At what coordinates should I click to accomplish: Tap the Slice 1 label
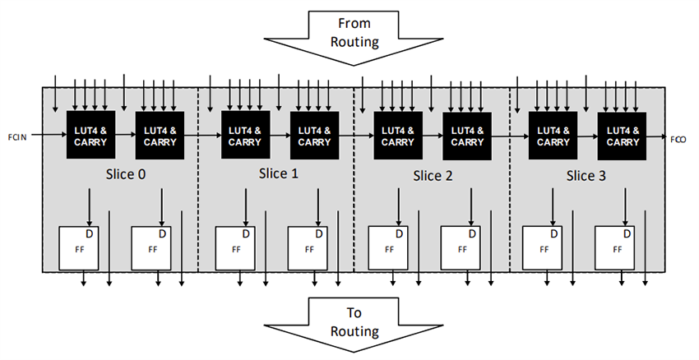point(279,174)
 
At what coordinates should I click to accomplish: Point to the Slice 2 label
point(432,175)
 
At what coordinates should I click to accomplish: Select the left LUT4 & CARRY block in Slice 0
point(90,136)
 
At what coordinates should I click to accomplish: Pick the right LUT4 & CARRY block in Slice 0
point(160,136)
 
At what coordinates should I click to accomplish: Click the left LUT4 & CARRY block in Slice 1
point(244,136)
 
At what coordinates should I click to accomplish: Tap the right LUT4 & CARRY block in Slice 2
point(466,136)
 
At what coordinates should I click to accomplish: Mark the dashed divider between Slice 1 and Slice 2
point(354,205)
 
